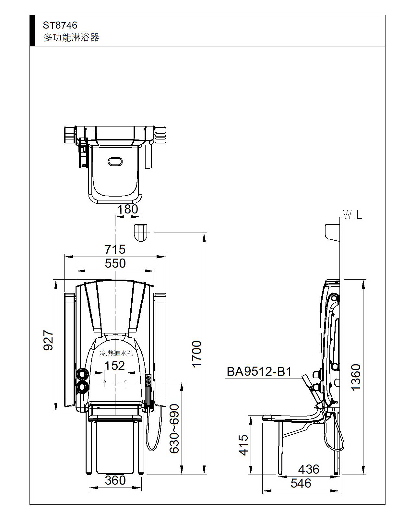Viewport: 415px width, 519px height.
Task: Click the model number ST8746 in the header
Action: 60,25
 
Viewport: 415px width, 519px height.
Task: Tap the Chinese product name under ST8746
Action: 71,37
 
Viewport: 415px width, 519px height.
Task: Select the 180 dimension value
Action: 127,209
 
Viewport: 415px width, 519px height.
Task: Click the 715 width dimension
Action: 115,249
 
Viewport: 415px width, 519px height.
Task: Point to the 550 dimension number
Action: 115,263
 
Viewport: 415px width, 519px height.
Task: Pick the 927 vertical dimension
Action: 48,340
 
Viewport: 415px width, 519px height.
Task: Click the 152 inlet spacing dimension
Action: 114,366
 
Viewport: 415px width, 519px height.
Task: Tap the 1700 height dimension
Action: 197,354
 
